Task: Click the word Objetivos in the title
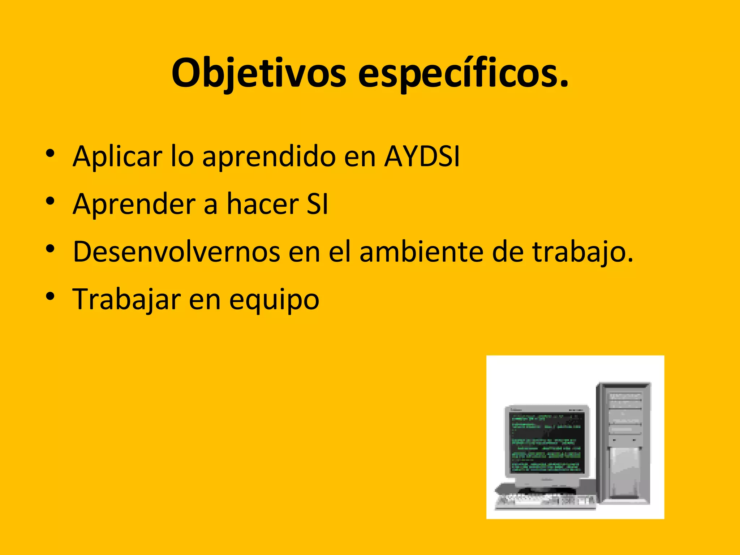click(259, 73)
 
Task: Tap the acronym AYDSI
click(422, 156)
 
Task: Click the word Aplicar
click(117, 156)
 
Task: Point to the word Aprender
click(134, 205)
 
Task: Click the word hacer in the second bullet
click(263, 204)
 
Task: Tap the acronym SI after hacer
click(317, 204)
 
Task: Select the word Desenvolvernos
click(176, 252)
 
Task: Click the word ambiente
click(421, 252)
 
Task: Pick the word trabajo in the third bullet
click(582, 252)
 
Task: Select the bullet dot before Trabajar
click(50, 296)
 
